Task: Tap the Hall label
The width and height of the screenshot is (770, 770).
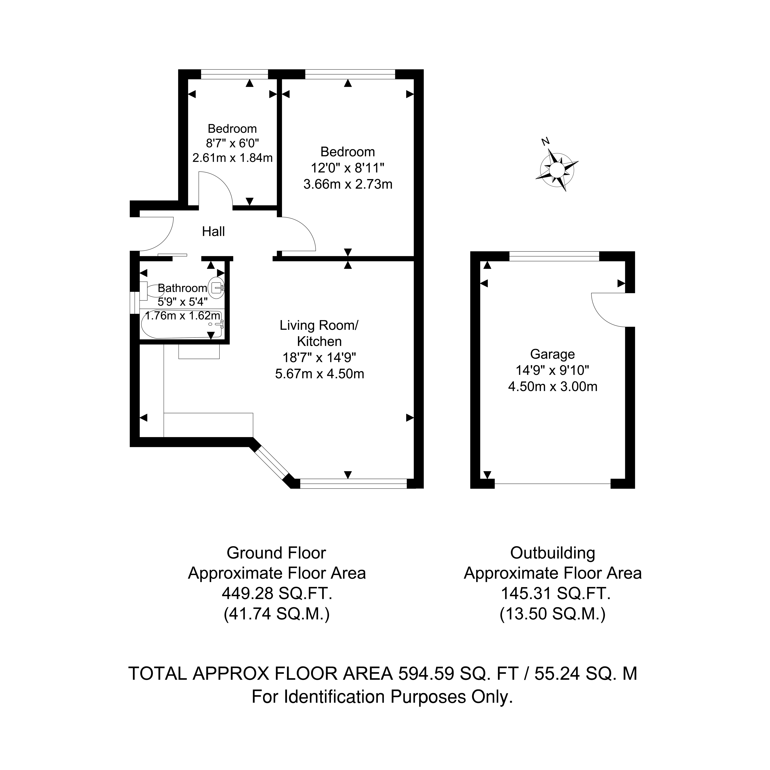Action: [x=213, y=232]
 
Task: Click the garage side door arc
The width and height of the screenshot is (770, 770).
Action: [x=608, y=310]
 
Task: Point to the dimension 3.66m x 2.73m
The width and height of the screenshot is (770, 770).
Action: [x=348, y=184]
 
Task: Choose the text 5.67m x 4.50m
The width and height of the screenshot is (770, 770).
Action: [x=320, y=374]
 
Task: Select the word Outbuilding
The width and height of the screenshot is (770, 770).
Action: [x=553, y=553]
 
